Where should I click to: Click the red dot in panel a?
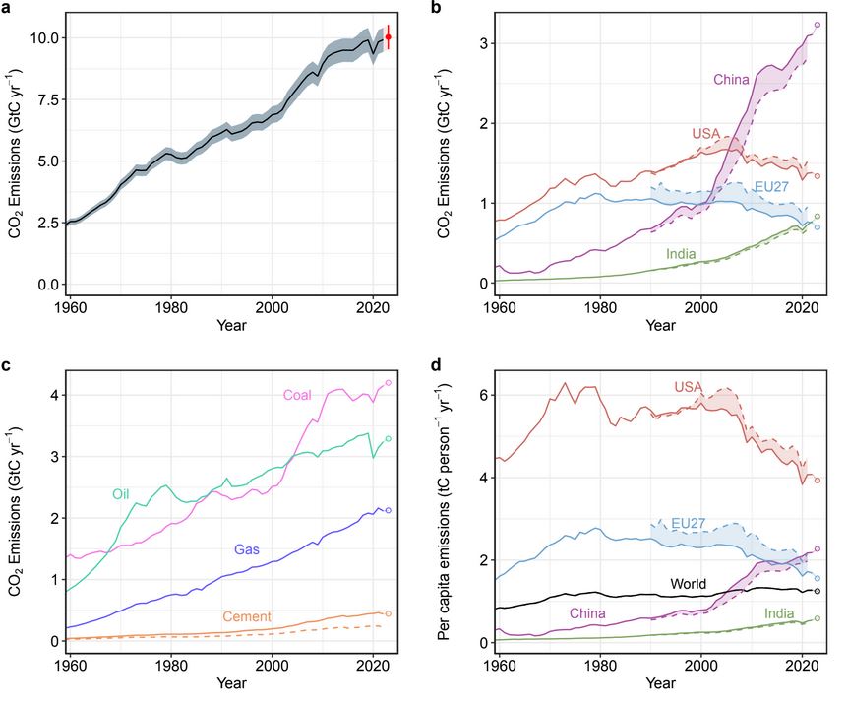tap(389, 37)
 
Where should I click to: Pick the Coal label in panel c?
tap(298, 396)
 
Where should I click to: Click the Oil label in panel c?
tap(123, 493)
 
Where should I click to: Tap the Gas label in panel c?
tap(247, 548)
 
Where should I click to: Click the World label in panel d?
tap(691, 583)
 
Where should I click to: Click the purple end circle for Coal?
tap(389, 382)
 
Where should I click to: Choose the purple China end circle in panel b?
tap(818, 25)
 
